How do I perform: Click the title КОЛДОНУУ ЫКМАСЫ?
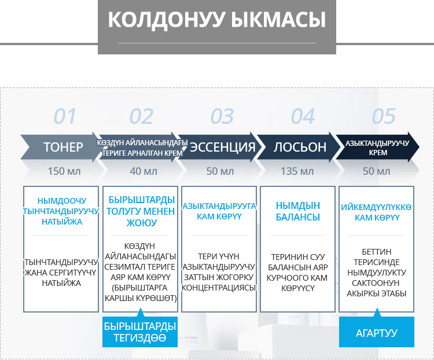click(x=217, y=20)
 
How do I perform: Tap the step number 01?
click(x=65, y=116)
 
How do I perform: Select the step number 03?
click(x=222, y=116)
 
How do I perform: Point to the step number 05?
click(x=384, y=116)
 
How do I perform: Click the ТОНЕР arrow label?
click(x=63, y=147)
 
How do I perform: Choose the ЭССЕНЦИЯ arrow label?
click(x=222, y=147)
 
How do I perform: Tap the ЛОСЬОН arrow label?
click(x=300, y=147)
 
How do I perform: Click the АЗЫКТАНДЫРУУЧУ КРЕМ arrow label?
click(x=377, y=148)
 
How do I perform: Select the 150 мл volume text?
click(x=64, y=171)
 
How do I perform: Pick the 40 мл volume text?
click(x=144, y=171)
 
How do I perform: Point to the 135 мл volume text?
click(x=297, y=171)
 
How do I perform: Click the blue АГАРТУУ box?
click(x=377, y=332)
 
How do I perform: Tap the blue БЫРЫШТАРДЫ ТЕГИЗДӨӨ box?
click(x=140, y=332)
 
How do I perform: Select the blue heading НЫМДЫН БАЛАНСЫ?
click(x=298, y=211)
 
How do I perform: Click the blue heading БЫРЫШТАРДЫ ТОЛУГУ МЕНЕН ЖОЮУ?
click(x=141, y=211)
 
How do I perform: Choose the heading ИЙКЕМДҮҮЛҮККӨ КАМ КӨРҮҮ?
click(x=376, y=212)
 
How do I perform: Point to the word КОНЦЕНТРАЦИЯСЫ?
click(x=219, y=288)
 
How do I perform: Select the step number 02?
click(x=141, y=116)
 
